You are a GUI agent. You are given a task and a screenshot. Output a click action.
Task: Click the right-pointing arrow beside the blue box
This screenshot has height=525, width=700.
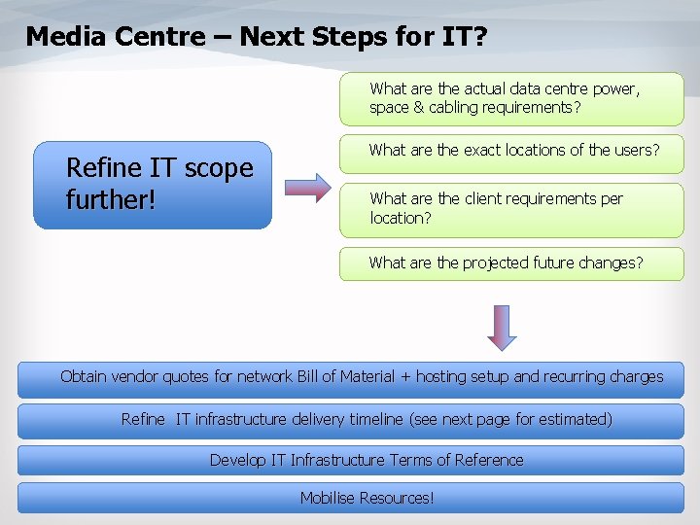click(309, 187)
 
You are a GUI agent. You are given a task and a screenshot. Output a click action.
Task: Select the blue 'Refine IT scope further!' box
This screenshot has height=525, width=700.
click(153, 185)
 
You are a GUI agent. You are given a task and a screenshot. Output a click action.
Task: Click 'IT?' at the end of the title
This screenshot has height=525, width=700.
click(465, 37)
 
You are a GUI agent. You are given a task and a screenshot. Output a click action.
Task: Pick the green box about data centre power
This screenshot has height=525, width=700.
click(511, 99)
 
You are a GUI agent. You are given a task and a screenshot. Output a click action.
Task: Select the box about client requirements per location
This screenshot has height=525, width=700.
click(511, 209)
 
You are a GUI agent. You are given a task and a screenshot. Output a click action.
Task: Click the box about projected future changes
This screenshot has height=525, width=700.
click(511, 263)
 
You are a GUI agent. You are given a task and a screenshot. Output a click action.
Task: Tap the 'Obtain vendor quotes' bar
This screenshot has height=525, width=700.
click(350, 378)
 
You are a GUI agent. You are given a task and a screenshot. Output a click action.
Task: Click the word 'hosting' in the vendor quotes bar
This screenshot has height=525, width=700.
click(442, 377)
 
